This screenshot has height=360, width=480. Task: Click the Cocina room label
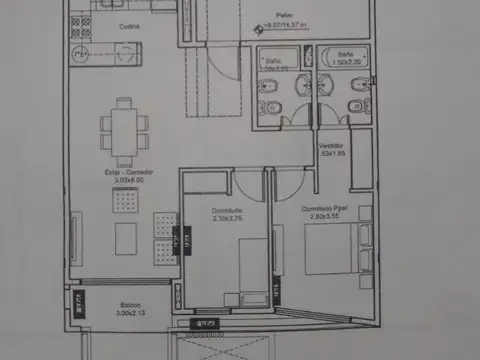(127, 28)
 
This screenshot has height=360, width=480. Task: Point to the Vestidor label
(332, 146)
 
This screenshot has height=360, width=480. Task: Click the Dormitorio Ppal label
(326, 207)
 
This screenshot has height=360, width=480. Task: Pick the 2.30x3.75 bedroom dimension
(229, 217)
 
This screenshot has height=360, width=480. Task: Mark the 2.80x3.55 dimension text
(326, 215)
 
